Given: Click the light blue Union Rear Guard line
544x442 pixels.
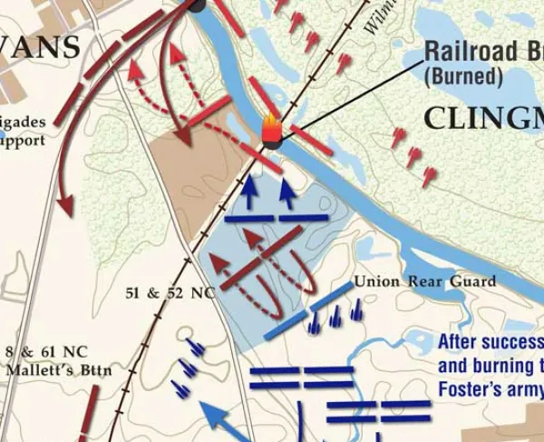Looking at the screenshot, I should [309, 310].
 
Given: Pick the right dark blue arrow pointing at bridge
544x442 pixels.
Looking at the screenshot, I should [287, 193].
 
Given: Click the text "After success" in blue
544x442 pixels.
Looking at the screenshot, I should [490, 343].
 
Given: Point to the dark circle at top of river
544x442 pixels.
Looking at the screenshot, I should [197, 5].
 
